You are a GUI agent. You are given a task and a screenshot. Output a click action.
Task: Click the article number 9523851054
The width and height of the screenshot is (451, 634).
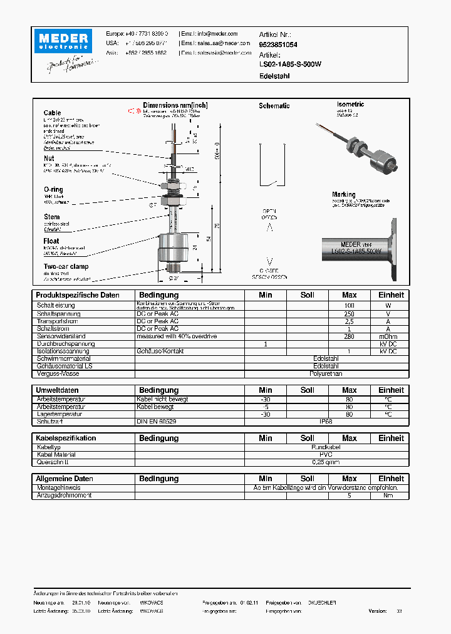click(278, 45)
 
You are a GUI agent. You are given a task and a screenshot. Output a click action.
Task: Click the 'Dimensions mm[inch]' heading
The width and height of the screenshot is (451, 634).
click(175, 105)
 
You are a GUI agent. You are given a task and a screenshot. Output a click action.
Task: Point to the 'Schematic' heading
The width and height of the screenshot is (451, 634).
click(274, 106)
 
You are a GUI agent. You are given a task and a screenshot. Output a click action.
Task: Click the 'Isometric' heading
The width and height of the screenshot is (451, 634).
click(350, 105)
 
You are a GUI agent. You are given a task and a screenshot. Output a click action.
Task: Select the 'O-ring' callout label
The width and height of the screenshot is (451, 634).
click(53, 189)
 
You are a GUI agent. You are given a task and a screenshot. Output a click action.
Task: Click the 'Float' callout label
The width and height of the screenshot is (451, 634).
click(51, 241)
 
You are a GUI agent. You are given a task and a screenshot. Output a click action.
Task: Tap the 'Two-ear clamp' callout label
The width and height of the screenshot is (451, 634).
click(66, 266)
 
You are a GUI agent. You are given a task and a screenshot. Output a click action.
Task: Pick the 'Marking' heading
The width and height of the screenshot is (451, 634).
click(343, 194)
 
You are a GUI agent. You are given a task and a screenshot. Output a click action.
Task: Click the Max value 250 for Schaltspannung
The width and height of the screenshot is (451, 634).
click(349, 314)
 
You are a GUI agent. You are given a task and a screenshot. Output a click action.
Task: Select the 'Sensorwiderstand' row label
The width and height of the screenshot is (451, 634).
click(61, 336)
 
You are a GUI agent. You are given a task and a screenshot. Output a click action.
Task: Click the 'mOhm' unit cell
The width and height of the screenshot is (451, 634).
click(388, 336)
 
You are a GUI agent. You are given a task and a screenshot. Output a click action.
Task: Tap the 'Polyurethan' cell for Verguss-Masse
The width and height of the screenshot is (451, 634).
click(326, 373)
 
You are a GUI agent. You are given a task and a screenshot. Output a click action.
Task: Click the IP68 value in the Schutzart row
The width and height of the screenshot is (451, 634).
click(326, 422)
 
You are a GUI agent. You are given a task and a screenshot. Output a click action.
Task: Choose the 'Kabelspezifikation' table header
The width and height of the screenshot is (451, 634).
click(66, 439)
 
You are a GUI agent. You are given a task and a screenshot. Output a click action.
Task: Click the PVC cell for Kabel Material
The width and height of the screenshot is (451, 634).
click(326, 455)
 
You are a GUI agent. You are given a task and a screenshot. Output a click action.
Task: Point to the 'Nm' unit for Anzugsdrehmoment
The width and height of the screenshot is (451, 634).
click(388, 495)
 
